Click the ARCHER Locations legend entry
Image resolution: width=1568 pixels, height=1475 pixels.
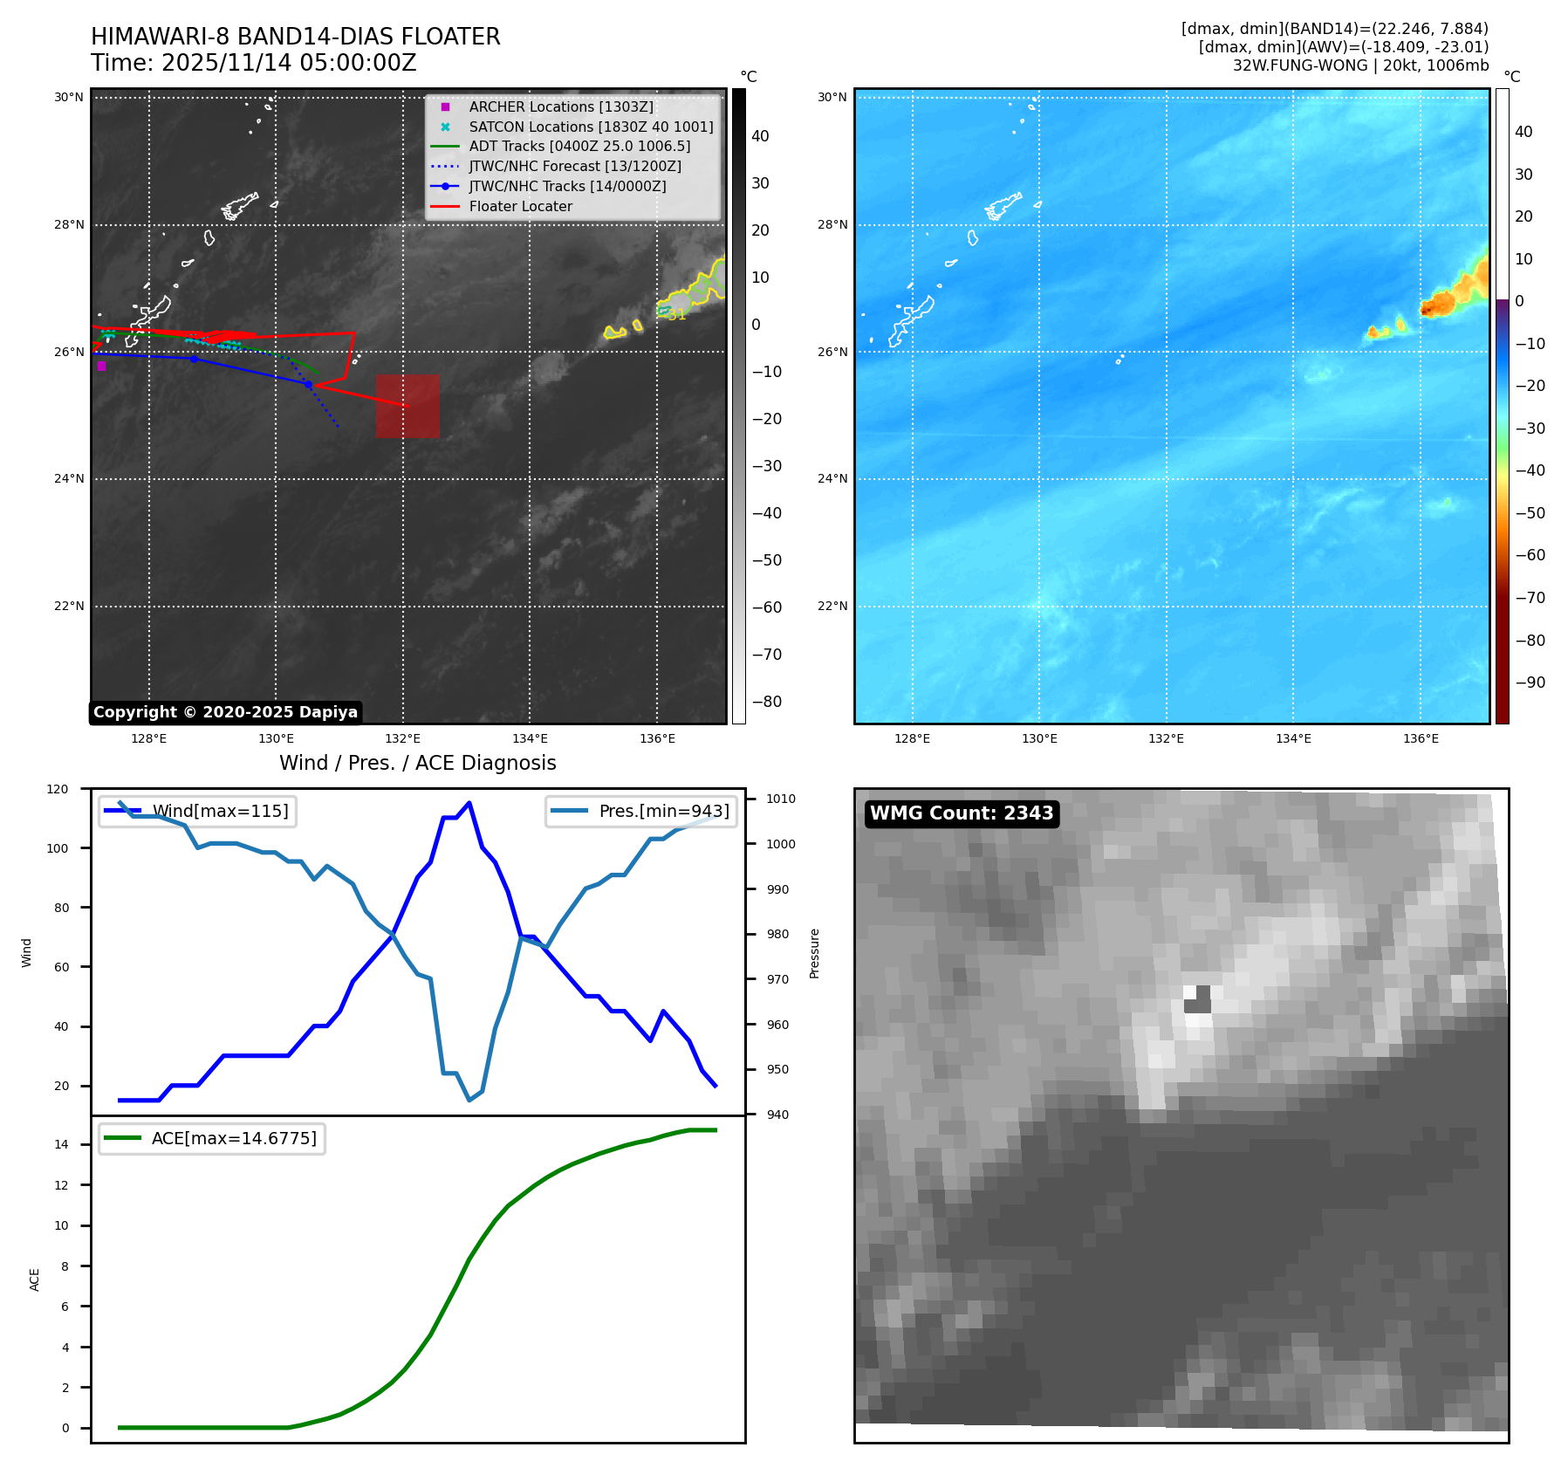pyautogui.click(x=560, y=106)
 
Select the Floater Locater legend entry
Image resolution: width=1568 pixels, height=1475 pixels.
pyautogui.click(x=520, y=206)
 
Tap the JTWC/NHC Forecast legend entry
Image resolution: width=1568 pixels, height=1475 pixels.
pyautogui.click(x=574, y=166)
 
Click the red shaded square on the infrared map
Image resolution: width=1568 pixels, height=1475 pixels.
pyautogui.click(x=407, y=406)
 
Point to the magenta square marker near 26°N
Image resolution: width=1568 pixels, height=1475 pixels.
pyautogui.click(x=101, y=367)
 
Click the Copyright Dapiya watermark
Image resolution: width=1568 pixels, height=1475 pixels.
pyautogui.click(x=225, y=712)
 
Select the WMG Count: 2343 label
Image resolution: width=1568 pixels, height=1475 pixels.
pyautogui.click(x=962, y=813)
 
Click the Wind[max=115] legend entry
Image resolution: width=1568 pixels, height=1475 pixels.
pyautogui.click(x=220, y=811)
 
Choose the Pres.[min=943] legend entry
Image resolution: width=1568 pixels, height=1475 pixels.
pyautogui.click(x=663, y=811)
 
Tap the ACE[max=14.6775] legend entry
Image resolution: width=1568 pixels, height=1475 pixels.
pyautogui.click(x=233, y=1138)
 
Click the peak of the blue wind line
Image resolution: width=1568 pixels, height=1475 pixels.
pyautogui.click(x=469, y=803)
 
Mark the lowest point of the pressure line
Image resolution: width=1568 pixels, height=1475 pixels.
pyautogui.click(x=469, y=1100)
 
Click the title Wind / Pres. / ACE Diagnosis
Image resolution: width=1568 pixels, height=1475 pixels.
pyautogui.click(x=417, y=763)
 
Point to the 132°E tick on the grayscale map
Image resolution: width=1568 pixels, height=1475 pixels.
pyautogui.click(x=402, y=738)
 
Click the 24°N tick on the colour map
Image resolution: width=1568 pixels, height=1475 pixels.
pyautogui.click(x=832, y=478)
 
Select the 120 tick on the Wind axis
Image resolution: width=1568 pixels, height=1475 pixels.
pyautogui.click(x=58, y=789)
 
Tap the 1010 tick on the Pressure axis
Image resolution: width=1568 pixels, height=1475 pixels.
pyautogui.click(x=781, y=799)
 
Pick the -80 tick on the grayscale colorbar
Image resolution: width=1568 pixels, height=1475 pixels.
pyautogui.click(x=767, y=702)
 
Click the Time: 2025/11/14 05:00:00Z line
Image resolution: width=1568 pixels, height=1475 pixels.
pyautogui.click(x=254, y=63)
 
